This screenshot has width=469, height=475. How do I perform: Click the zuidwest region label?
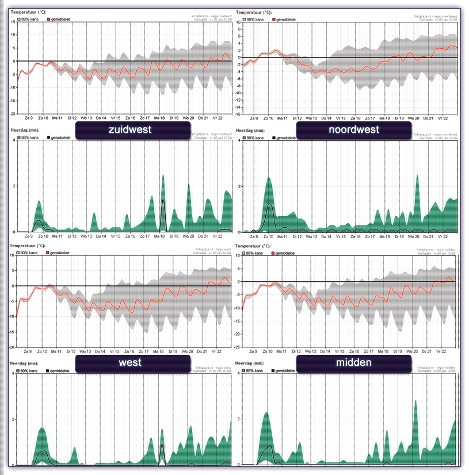tap(132, 130)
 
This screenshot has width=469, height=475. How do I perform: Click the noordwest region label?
tap(353, 130)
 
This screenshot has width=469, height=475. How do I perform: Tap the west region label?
tap(132, 363)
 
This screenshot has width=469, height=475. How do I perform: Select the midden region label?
tap(353, 363)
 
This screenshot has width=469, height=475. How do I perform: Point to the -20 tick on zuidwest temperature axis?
tap(12, 114)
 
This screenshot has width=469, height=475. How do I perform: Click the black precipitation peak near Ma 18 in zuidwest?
tap(163, 201)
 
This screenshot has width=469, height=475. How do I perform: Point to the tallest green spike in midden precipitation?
tap(415, 401)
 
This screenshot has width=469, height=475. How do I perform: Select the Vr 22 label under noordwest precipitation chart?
tap(442, 236)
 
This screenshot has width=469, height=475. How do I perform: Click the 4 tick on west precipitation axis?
tap(13, 374)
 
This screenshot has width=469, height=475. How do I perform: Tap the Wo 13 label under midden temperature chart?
tap(311, 350)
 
